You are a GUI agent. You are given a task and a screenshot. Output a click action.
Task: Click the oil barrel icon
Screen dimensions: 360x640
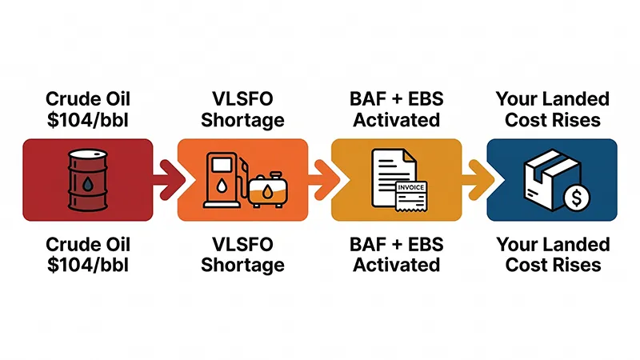(x=87, y=180)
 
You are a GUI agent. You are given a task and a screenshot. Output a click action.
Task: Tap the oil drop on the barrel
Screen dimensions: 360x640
(x=87, y=183)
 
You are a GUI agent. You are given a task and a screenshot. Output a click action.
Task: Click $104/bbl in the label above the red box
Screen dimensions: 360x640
(x=87, y=120)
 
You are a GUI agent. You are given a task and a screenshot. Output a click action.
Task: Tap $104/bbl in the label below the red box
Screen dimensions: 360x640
(x=87, y=264)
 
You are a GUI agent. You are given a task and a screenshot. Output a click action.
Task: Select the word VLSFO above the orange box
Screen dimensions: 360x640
(x=242, y=100)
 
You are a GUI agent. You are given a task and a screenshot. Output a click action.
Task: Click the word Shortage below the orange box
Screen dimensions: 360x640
(x=242, y=264)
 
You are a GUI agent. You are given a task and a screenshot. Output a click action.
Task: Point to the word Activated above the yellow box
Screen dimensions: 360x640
(x=397, y=120)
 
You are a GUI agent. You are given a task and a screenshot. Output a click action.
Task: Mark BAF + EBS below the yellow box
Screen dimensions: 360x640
(x=397, y=244)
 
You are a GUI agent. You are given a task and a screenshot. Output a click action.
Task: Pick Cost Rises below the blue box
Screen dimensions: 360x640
(x=553, y=264)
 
